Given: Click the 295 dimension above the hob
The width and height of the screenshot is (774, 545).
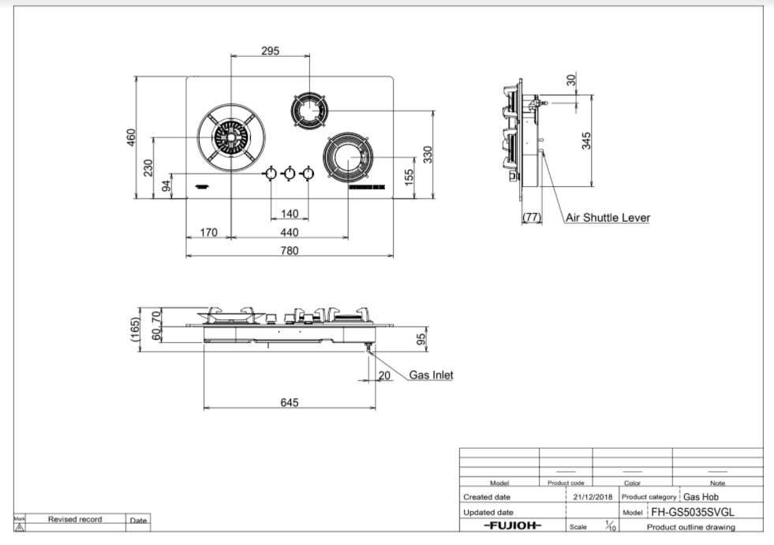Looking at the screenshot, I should (270, 50).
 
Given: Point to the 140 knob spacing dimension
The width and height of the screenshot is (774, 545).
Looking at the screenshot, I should (289, 214).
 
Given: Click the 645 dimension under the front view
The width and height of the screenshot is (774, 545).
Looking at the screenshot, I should (290, 403).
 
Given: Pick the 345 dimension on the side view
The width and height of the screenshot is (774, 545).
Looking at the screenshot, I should (586, 140).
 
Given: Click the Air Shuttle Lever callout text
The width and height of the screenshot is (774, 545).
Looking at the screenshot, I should (608, 218).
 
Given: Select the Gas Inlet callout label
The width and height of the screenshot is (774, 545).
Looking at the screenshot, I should (431, 375).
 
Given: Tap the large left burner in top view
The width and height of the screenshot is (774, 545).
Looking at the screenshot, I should (230, 139).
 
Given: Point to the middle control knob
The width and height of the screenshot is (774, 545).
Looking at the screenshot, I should (289, 174).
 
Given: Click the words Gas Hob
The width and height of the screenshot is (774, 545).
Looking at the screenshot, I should (701, 497).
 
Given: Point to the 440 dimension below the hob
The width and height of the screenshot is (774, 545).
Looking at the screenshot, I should (289, 232).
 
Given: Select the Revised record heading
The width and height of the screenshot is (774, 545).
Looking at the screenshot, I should (75, 520).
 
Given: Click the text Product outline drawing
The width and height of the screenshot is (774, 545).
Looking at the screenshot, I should (690, 527).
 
